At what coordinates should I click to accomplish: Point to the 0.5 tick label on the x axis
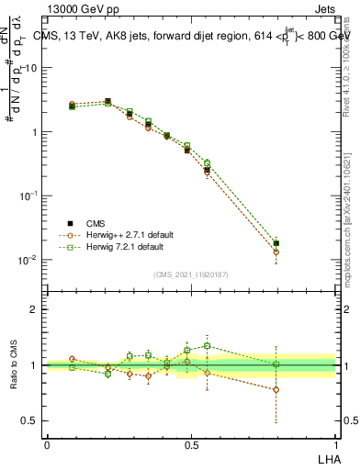tap(192, 445)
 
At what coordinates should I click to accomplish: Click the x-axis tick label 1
tap(336, 445)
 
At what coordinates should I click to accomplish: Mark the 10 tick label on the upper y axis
tap(31, 68)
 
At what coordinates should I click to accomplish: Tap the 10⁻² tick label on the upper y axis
tap(29, 260)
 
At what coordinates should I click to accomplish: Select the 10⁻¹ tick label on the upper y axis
tap(29, 196)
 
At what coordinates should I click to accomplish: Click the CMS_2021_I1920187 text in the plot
tap(191, 274)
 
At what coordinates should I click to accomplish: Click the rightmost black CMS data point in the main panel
tap(276, 243)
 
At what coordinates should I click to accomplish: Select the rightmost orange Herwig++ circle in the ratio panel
tap(276, 389)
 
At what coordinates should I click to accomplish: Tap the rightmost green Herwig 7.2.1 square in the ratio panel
tap(276, 364)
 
